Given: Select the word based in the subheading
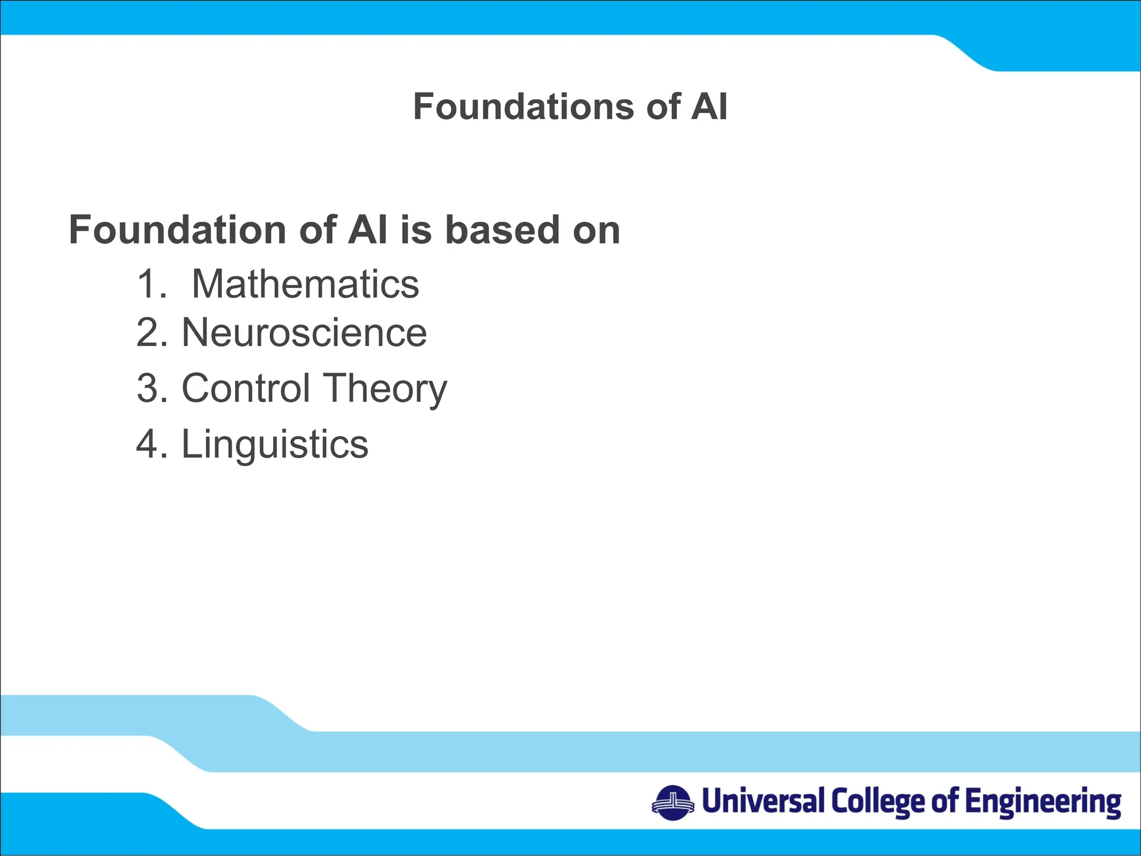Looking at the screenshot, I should click(x=502, y=230).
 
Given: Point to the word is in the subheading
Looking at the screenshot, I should click(x=416, y=230).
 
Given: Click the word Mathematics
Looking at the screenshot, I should click(x=305, y=284).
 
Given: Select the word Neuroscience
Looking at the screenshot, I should click(x=304, y=333).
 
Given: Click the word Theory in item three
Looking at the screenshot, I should click(x=385, y=389).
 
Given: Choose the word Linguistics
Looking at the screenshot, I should click(x=275, y=444).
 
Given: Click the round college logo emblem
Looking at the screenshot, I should click(x=673, y=803).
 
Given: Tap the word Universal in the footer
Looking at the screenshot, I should click(x=763, y=801).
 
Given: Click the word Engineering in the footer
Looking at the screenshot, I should click(x=1043, y=802).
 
